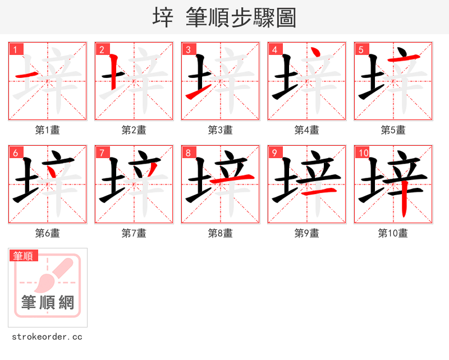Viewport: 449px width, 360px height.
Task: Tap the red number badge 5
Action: [x=361, y=50]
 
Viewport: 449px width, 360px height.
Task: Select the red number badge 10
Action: [x=363, y=153]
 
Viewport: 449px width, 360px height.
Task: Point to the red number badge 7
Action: [x=102, y=153]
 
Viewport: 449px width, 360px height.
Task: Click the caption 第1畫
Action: [x=48, y=130]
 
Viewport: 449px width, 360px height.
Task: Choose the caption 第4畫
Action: [x=307, y=130]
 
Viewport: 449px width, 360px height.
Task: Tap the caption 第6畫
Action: [x=48, y=233]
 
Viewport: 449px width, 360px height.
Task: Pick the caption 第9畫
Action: [x=307, y=233]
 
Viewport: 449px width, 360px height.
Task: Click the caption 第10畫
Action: [x=393, y=233]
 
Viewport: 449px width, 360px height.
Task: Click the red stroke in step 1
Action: [x=26, y=75]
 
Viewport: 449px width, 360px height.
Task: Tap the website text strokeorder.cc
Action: [x=47, y=337]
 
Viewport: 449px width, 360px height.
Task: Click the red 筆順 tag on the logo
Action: [x=24, y=256]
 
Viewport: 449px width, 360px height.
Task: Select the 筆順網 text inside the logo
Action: [x=48, y=303]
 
